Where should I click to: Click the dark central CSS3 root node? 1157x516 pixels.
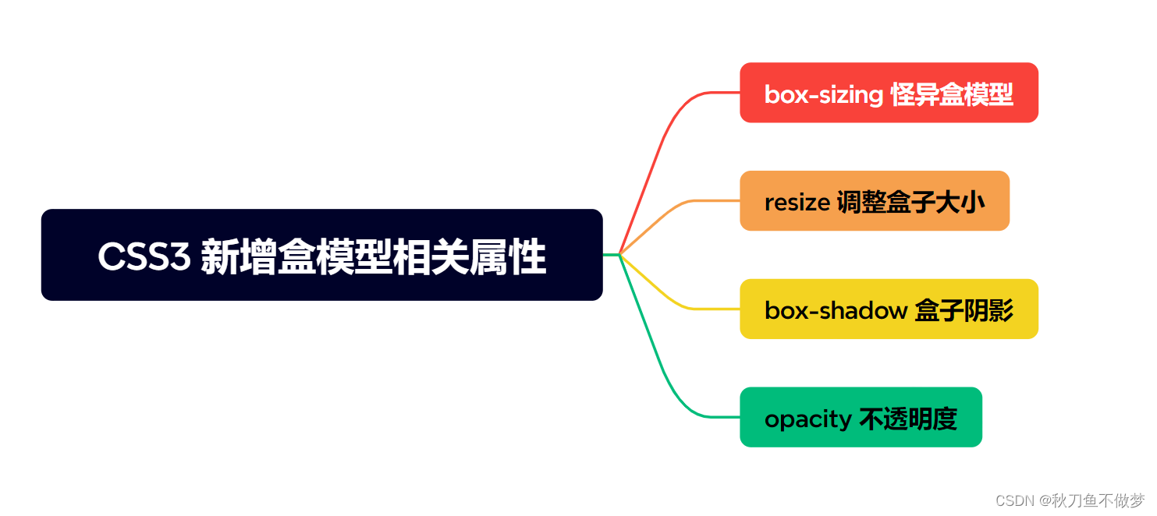(x=321, y=254)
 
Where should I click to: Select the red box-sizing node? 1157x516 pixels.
(x=889, y=93)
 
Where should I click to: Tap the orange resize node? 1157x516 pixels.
(x=874, y=201)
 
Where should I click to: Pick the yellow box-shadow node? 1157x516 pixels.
(x=889, y=309)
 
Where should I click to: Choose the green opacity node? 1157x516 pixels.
(x=861, y=417)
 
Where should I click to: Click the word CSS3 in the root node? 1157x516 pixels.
(x=144, y=257)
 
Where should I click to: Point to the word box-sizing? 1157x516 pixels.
(x=823, y=95)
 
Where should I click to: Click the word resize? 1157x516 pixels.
(x=797, y=203)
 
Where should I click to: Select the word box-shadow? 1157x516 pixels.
(x=835, y=311)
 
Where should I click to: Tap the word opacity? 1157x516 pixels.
(x=807, y=419)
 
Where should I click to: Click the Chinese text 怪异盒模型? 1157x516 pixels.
(x=951, y=95)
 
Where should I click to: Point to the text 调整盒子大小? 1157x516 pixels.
(x=910, y=203)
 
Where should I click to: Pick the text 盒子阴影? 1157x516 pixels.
(x=964, y=311)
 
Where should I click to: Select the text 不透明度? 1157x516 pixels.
(x=907, y=419)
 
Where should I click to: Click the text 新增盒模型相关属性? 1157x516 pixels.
(x=373, y=257)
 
